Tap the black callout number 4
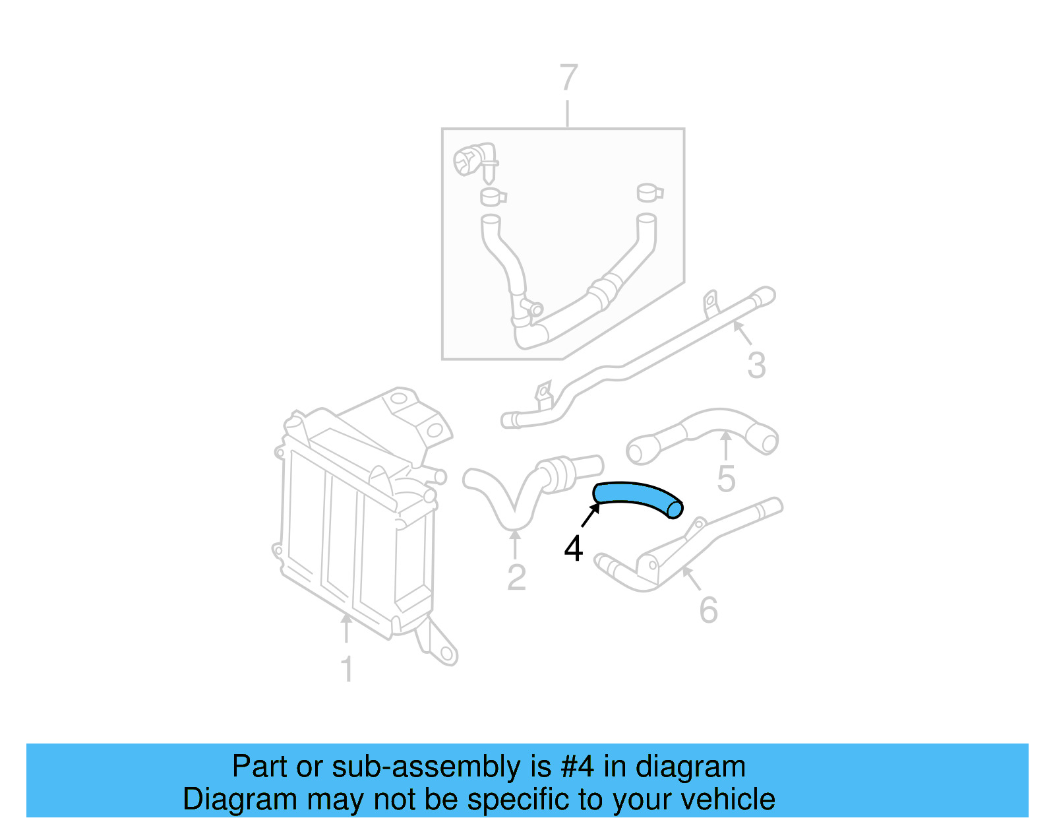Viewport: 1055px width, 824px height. pyautogui.click(x=574, y=549)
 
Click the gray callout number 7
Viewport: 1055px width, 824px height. pyautogui.click(x=568, y=78)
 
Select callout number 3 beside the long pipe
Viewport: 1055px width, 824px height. pyautogui.click(x=756, y=365)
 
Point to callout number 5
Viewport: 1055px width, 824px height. pyautogui.click(x=726, y=479)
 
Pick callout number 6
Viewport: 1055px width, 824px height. pyautogui.click(x=708, y=610)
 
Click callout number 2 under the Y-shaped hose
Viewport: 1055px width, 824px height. pyautogui.click(x=516, y=578)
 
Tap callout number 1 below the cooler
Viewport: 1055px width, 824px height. pyautogui.click(x=347, y=669)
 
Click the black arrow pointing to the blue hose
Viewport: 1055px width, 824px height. pyautogui.click(x=591, y=514)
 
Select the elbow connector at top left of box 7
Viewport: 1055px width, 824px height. pyautogui.click(x=473, y=160)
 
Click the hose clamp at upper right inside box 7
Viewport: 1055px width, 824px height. pyautogui.click(x=649, y=192)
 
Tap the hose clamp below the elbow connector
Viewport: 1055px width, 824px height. pyautogui.click(x=492, y=197)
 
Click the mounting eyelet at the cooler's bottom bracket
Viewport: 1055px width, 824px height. pyautogui.click(x=447, y=654)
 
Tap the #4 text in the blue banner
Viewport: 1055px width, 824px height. pyautogui.click(x=577, y=767)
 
